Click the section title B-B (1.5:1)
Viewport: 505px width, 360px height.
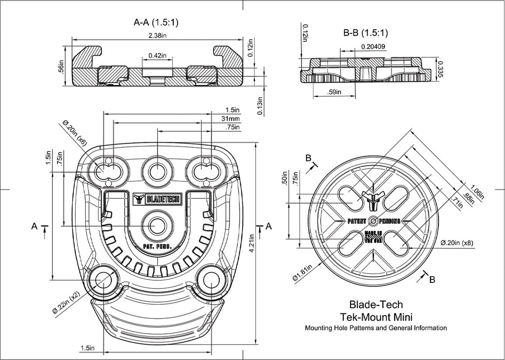365,32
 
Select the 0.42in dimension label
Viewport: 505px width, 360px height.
158,56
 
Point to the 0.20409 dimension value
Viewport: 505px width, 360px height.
373,46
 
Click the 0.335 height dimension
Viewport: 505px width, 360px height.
441,69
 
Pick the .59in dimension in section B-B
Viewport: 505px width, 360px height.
335,92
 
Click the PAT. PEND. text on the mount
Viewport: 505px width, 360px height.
156,247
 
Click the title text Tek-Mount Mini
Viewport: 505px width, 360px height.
376,316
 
